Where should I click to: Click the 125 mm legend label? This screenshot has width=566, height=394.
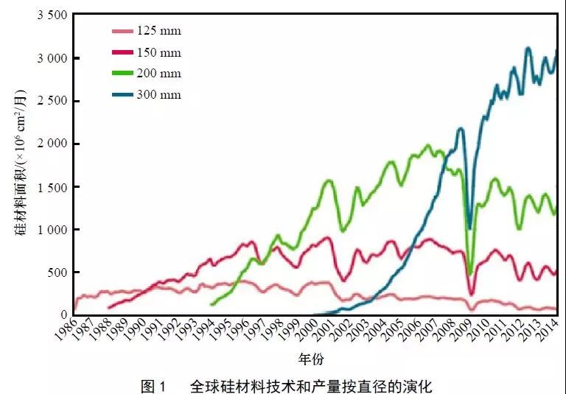click(x=158, y=31)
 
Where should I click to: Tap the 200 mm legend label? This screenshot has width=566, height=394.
click(x=158, y=74)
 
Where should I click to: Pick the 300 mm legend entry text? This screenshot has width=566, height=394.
click(x=158, y=95)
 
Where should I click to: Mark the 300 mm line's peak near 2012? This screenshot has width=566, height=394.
click(x=528, y=49)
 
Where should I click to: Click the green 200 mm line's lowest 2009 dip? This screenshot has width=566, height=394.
click(x=470, y=274)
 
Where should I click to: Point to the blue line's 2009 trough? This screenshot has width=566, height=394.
click(x=470, y=228)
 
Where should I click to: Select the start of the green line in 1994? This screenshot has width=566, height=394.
click(x=212, y=304)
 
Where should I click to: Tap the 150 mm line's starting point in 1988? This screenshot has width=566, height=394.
click(x=108, y=308)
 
